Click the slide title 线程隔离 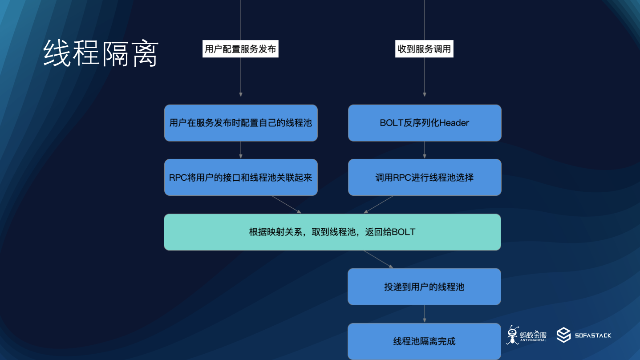(x=101, y=53)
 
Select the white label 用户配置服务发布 (x=240, y=49)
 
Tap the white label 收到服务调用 (x=424, y=49)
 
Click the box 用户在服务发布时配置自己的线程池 (x=241, y=123)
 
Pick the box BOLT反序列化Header (x=425, y=123)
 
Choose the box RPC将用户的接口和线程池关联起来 (x=241, y=178)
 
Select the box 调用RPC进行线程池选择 (x=425, y=178)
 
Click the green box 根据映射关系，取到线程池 (x=332, y=232)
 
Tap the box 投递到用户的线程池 (x=424, y=287)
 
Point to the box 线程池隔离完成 (x=424, y=341)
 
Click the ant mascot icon (x=513, y=335)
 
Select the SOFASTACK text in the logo (x=593, y=336)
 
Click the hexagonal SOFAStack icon (x=563, y=335)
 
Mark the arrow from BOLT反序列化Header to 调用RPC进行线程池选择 (x=425, y=150)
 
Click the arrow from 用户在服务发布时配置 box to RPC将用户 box (x=241, y=150)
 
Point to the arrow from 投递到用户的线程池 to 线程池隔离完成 (x=425, y=314)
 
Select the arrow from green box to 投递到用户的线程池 (x=378, y=259)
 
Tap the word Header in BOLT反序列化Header (x=454, y=123)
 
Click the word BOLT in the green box (x=403, y=232)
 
